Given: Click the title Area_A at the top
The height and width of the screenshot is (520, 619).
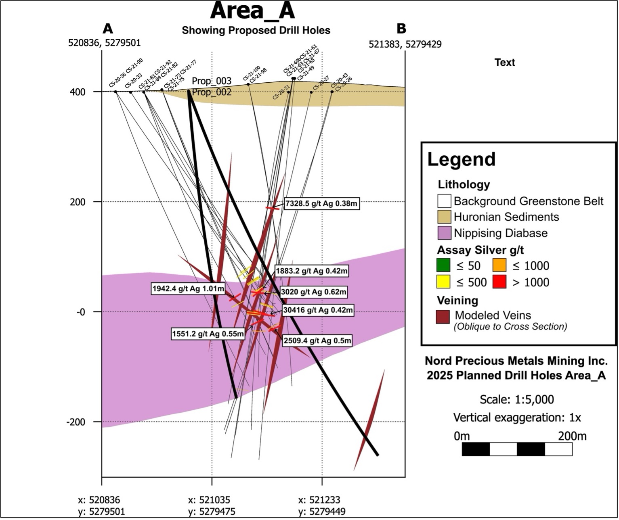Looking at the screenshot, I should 252,11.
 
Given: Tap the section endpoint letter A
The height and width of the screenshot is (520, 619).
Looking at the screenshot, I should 108,29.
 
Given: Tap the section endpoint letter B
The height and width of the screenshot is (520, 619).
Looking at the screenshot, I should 401,29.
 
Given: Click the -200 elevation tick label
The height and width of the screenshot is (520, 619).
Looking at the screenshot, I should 76,422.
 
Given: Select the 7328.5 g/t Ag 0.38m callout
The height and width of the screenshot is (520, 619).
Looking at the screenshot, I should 321,203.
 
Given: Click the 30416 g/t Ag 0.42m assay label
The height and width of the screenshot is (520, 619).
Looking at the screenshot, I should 318,310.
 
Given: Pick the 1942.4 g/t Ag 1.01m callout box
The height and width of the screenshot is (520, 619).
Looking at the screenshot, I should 188,289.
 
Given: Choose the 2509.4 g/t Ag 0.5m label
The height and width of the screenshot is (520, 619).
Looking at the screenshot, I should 317,341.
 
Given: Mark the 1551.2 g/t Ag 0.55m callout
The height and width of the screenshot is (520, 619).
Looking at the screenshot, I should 208,334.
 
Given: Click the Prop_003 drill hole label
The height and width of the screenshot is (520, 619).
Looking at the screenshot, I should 212,81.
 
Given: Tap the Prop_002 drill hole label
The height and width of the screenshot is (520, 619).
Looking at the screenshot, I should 212,92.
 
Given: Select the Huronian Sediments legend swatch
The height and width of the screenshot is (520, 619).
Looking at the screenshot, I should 444,217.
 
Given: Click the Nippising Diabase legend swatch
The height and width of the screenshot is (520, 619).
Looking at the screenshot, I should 444,233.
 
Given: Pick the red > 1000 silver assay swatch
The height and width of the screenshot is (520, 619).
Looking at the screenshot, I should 500,282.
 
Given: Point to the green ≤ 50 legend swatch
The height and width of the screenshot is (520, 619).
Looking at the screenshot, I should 444,266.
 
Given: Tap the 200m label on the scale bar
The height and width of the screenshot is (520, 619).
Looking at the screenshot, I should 572,436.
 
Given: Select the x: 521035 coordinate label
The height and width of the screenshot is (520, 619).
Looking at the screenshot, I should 209,500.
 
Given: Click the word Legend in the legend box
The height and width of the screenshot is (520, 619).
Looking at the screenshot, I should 461,159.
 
